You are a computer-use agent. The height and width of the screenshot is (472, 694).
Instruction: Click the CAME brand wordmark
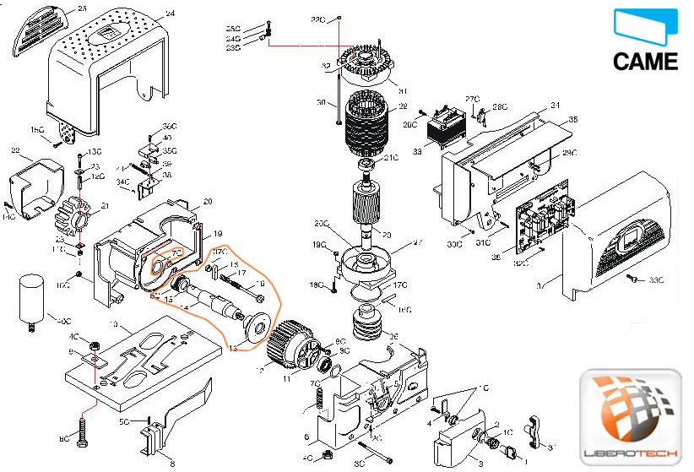pyautogui.click(x=645, y=62)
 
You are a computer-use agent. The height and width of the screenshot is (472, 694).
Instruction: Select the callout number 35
pyautogui.click(x=574, y=120)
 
